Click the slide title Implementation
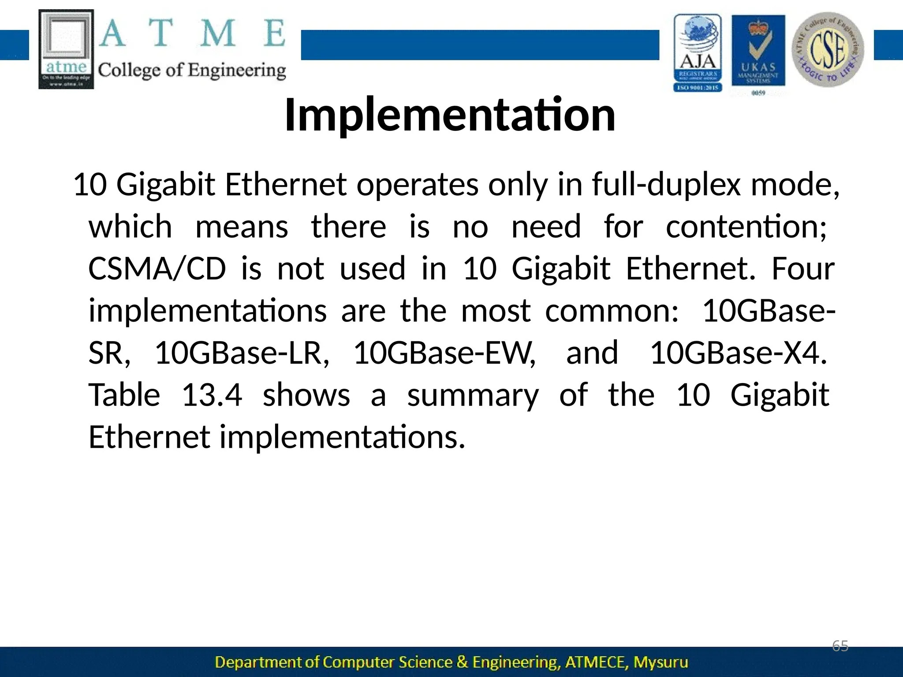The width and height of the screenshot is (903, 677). tap(450, 115)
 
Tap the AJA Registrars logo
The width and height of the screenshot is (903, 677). tap(698, 53)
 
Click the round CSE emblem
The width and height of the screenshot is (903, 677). tap(828, 49)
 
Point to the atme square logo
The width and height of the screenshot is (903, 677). tap(66, 49)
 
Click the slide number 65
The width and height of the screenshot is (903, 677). tap(840, 646)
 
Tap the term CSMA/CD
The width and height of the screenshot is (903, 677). tap(157, 269)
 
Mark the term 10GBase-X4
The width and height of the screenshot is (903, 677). tap(738, 353)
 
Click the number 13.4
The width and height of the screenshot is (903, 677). tap(212, 395)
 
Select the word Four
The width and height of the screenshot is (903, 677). tap(802, 269)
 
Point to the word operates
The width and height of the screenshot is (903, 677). tap(417, 185)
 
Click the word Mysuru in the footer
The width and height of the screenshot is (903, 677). tap(660, 662)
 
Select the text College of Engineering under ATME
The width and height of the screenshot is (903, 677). tap(192, 71)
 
